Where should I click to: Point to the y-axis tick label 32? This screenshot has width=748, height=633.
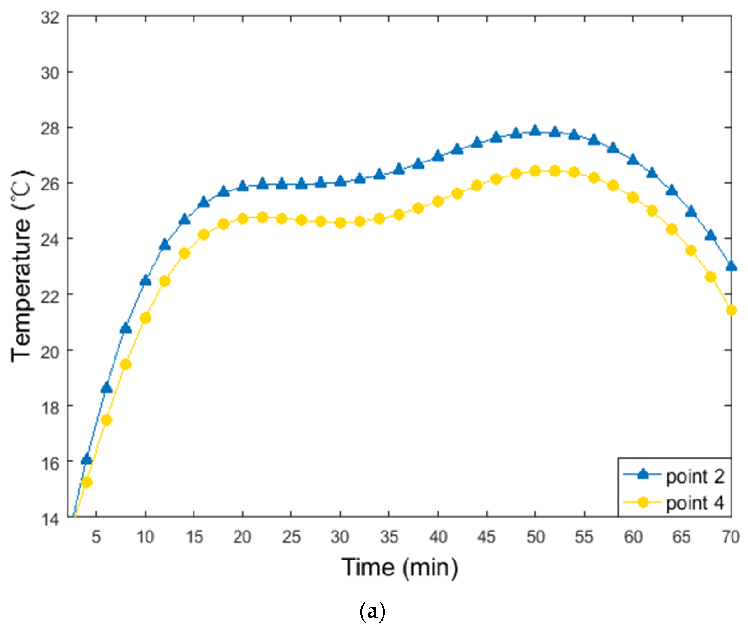point(50,17)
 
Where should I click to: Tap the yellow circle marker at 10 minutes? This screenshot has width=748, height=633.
point(145,318)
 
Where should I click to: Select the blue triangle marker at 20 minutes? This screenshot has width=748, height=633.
point(243,186)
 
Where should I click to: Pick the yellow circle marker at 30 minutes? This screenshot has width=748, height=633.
point(340,223)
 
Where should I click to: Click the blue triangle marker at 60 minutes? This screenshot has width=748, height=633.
point(633,160)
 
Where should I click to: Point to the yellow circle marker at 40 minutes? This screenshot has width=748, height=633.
point(438,202)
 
